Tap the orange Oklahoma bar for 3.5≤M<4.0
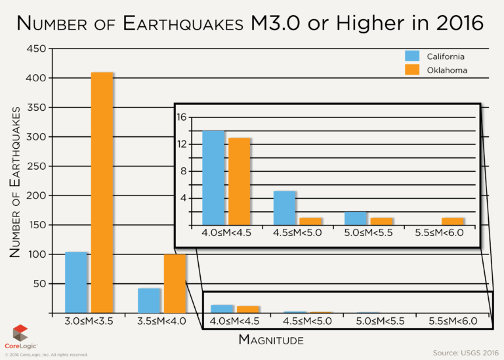click(175, 283)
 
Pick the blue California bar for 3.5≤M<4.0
click(149, 300)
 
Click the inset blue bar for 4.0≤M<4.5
click(213, 178)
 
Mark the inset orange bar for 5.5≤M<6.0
click(453, 221)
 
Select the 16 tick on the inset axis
click(182, 117)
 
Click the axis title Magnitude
click(271, 340)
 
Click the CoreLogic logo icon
click(21, 332)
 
